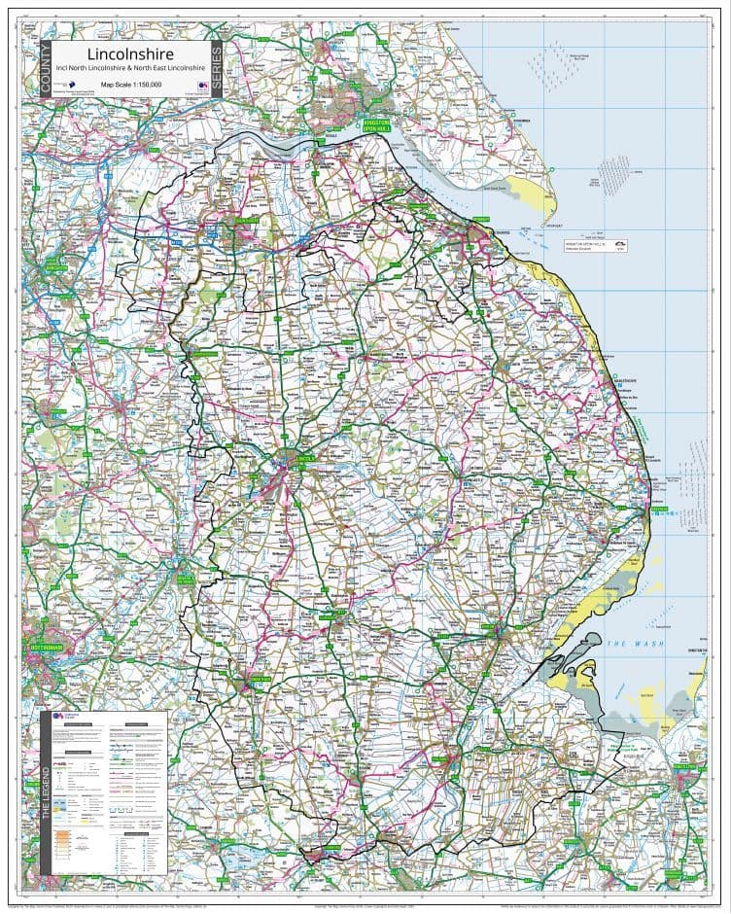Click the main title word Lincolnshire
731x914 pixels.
(129, 53)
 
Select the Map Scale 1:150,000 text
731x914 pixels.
(129, 86)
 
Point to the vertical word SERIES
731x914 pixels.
(216, 69)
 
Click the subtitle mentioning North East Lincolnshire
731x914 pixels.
(129, 69)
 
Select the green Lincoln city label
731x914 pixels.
(306, 456)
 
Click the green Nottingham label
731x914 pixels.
(42, 647)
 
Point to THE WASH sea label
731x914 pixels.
(627, 645)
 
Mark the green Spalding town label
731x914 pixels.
(449, 749)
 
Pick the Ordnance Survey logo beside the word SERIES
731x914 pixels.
(201, 86)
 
